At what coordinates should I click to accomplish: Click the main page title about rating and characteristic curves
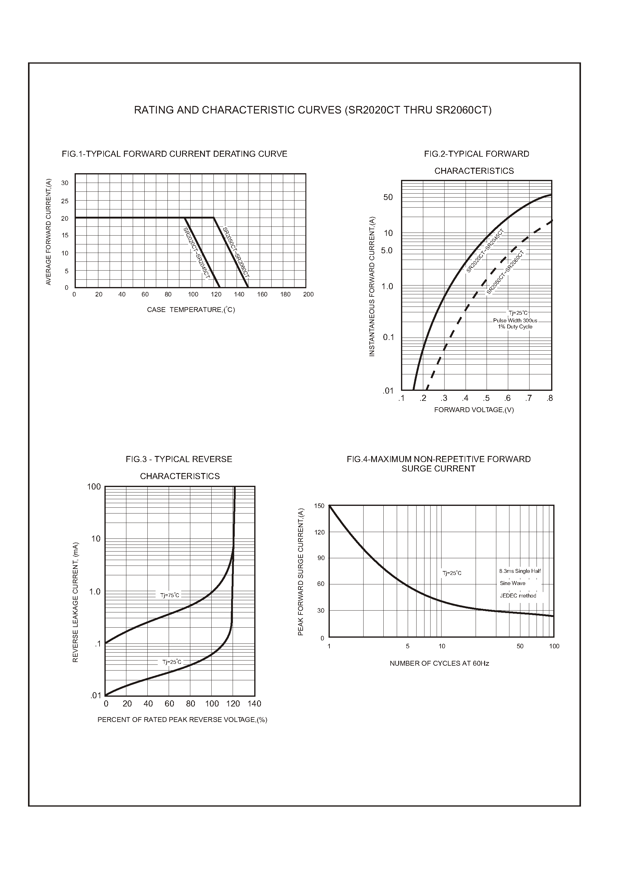pos(313,110)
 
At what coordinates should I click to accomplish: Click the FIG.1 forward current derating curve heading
pos(174,154)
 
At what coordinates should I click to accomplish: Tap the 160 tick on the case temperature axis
pos(262,294)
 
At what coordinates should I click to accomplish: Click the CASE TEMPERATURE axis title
pos(191,310)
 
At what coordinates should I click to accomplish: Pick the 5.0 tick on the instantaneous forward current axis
pos(387,251)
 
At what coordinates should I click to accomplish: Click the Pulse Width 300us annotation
pos(515,321)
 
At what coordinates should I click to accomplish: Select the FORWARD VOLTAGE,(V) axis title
pos(474,410)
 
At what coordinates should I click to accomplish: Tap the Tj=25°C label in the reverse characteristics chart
pos(171,662)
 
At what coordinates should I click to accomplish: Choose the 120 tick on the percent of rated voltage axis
pos(233,704)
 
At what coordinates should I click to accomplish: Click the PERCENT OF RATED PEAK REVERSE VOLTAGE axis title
pos(182,720)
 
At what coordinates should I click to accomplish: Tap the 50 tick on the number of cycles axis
pos(520,646)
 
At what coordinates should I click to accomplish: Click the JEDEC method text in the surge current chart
pos(518,596)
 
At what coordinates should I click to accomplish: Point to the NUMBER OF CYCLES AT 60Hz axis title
pos(439,664)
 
